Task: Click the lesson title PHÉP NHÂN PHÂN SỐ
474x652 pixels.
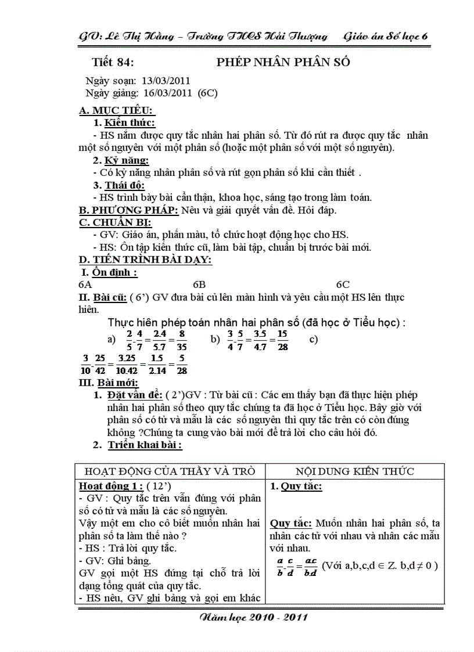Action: (283, 62)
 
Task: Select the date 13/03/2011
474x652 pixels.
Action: (166, 81)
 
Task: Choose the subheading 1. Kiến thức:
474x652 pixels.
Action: (124, 123)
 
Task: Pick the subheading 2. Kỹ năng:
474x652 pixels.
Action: (121, 160)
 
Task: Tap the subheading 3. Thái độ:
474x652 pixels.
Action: (121, 185)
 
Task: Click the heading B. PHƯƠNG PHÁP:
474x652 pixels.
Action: (128, 210)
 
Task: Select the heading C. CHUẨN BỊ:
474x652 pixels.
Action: (115, 222)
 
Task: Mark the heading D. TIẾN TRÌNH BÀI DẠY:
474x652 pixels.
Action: (145, 260)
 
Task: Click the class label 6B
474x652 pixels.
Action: (199, 284)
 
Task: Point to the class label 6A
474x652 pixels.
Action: (85, 284)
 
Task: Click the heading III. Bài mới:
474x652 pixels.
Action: (109, 383)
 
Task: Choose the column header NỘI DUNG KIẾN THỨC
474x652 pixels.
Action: (354, 471)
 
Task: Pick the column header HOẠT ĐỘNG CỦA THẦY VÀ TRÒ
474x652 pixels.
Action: (170, 471)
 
